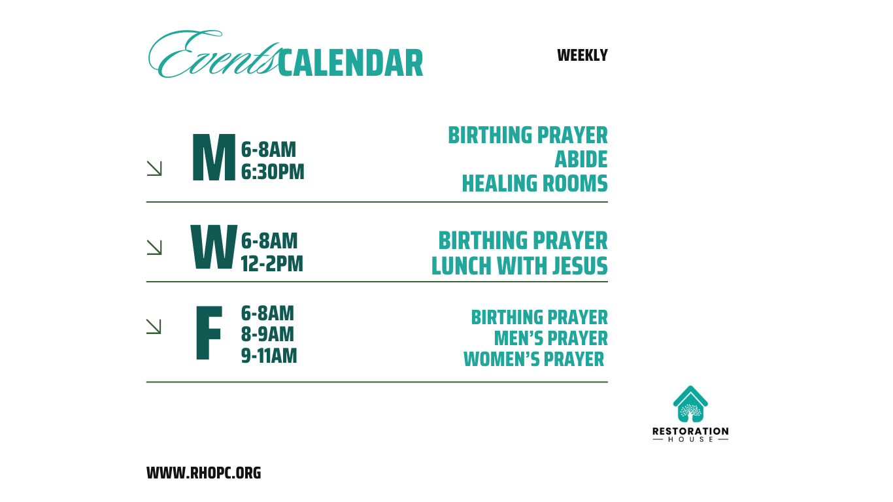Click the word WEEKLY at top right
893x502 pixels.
(x=582, y=55)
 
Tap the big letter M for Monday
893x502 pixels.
(x=214, y=157)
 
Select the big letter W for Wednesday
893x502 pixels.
(x=214, y=247)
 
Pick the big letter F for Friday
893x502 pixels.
(x=209, y=333)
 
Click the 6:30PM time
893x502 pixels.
(x=273, y=172)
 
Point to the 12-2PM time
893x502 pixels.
(x=272, y=263)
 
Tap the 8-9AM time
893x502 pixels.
(x=267, y=334)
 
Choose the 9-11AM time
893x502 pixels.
(x=269, y=356)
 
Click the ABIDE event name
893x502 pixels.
(x=581, y=159)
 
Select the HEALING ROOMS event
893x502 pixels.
(x=535, y=184)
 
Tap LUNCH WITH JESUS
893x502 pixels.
(x=520, y=266)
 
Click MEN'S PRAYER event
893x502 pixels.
(x=551, y=338)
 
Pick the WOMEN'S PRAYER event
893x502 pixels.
(x=534, y=359)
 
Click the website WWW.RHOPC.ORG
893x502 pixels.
(x=203, y=473)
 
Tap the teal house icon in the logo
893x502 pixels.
(x=690, y=403)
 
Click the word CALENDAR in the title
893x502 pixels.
(x=350, y=63)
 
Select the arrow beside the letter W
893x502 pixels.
(x=154, y=247)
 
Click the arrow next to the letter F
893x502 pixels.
(x=154, y=326)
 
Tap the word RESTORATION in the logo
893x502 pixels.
(x=690, y=431)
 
